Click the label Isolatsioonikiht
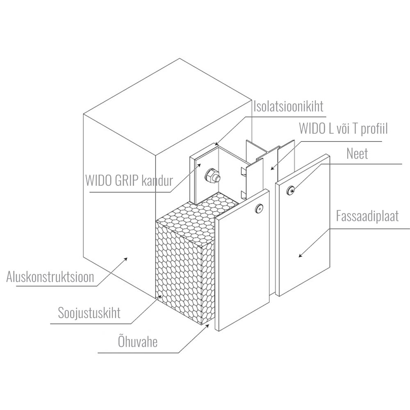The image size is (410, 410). pos(289,106)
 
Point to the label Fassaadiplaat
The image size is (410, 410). pos(367,216)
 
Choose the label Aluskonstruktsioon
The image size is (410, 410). pos(50,277)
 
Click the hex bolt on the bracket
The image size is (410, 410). pos(212,176)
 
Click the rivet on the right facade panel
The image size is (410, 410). pos(291,190)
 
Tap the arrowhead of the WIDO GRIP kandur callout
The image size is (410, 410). pos(200,164)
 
